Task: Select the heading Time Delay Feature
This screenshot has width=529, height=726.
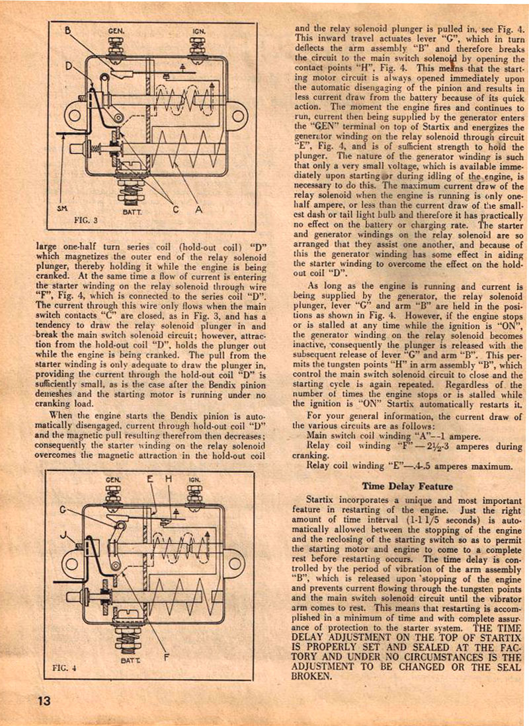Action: click(407, 486)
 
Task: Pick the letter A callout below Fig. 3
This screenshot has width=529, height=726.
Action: click(198, 211)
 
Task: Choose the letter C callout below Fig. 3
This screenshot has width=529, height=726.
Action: click(176, 211)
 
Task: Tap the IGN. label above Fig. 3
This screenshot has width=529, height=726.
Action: click(198, 31)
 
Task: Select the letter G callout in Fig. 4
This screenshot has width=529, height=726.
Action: click(63, 509)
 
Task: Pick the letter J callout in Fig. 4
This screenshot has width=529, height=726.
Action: click(63, 536)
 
